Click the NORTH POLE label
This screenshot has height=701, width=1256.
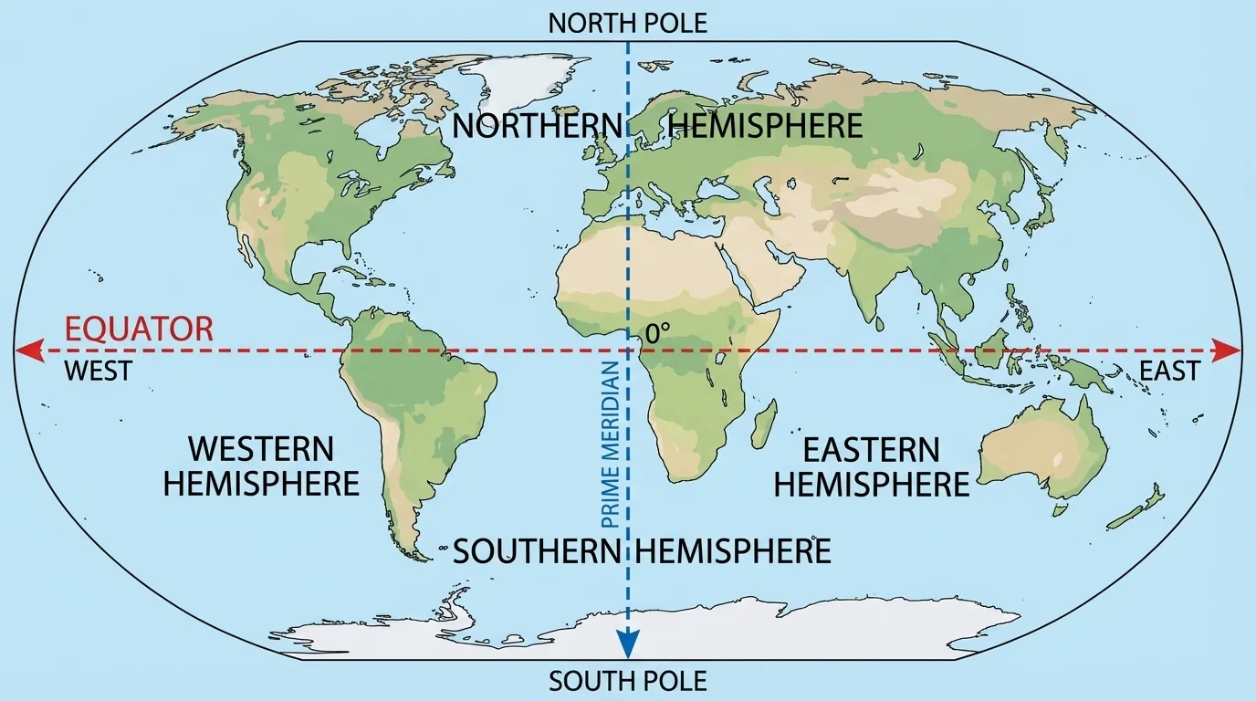coord(628,23)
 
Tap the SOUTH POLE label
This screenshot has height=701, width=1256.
coord(628,681)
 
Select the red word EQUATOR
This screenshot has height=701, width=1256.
coord(138,329)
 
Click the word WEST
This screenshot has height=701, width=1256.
coord(99,371)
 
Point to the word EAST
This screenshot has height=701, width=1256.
coord(1169,371)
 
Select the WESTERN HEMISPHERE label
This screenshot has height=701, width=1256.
coord(261,466)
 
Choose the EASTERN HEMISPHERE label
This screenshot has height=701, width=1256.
coord(871,466)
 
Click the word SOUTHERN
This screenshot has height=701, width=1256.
coord(538,551)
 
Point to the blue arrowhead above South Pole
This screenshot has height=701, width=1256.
coord(628,644)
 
